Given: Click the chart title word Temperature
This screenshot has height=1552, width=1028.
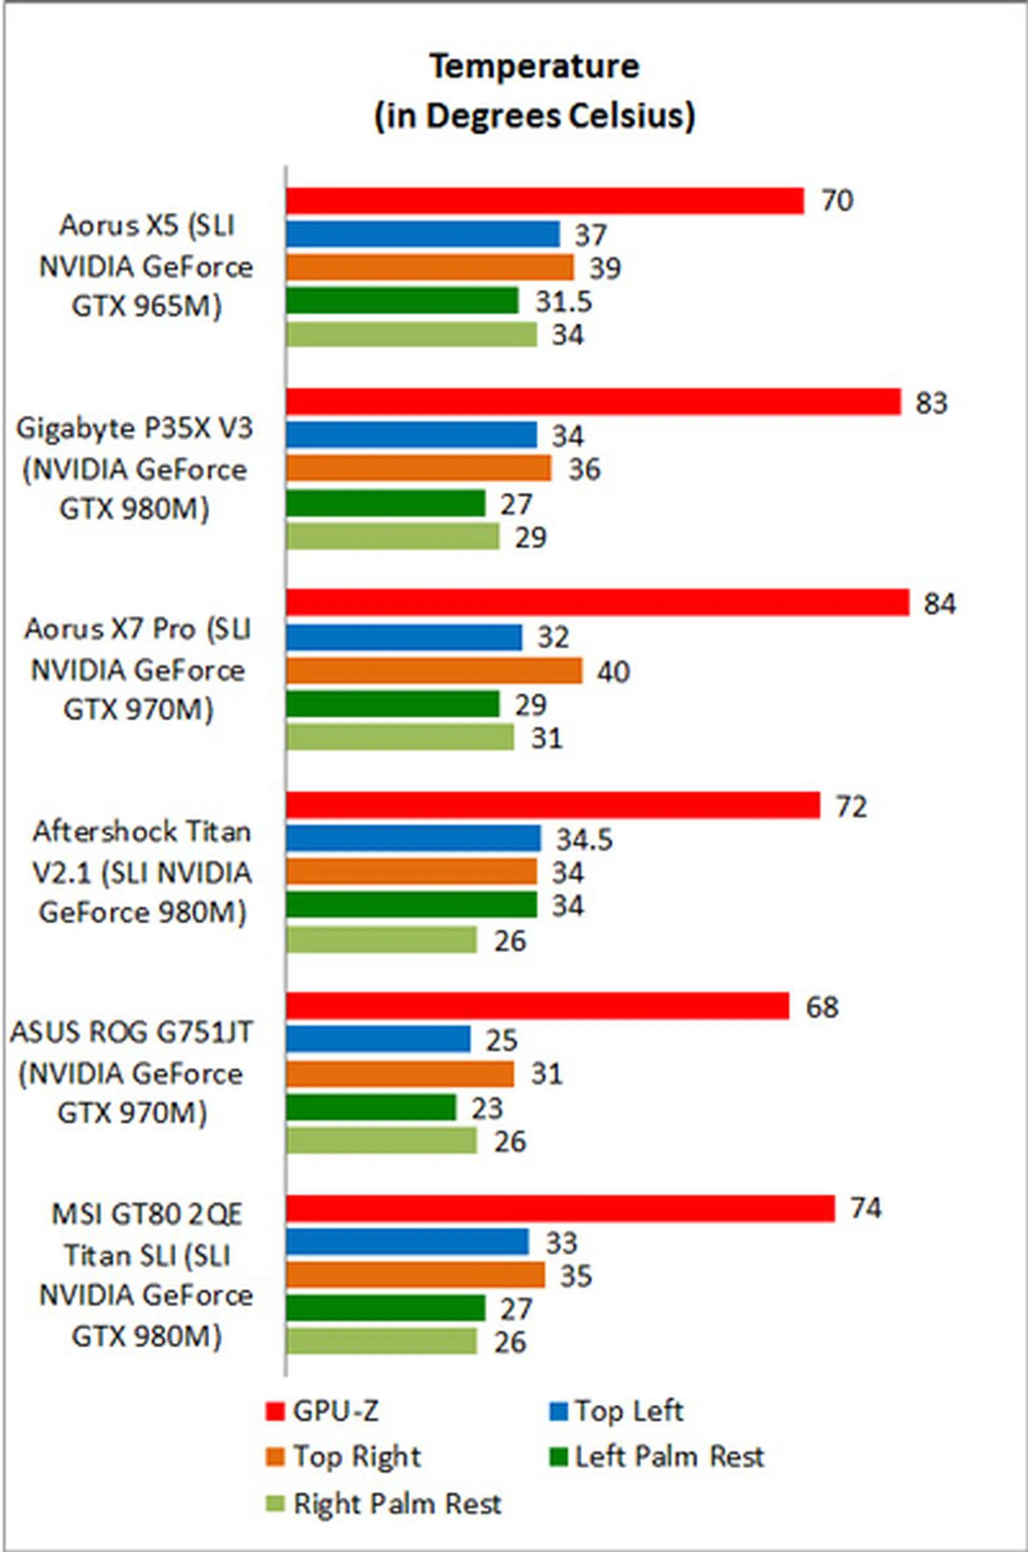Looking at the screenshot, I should click(x=534, y=66).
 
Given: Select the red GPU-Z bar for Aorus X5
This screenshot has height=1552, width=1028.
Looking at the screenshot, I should click(x=544, y=201).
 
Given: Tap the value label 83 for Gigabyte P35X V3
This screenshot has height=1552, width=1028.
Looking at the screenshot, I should click(x=932, y=403).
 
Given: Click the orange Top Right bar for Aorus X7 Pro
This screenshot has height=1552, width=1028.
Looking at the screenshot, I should click(x=433, y=670).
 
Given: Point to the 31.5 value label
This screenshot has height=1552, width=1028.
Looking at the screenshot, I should click(x=563, y=302).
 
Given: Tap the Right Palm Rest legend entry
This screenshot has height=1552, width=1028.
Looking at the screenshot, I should click(x=384, y=1503).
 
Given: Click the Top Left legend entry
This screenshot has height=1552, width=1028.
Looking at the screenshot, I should click(x=616, y=1411).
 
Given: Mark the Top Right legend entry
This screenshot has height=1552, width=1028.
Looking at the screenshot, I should click(x=344, y=1456).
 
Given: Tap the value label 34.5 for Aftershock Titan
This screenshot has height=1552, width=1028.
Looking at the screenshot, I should click(x=584, y=839).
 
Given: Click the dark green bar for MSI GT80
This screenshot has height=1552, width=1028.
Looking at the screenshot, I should click(x=385, y=1308).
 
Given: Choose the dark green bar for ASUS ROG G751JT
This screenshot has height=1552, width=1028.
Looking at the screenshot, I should click(x=371, y=1108).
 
